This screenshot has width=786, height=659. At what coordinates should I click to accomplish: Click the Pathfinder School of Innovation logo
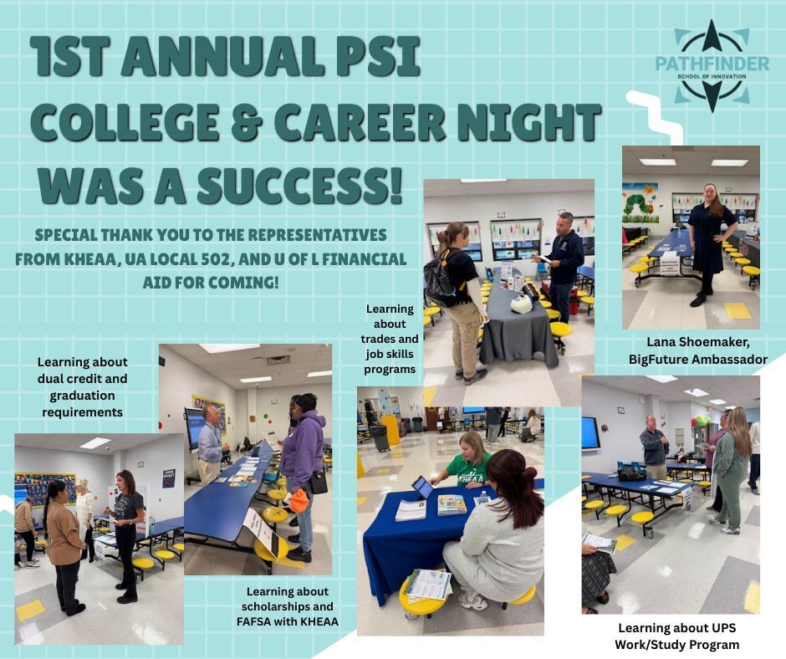(x=712, y=66)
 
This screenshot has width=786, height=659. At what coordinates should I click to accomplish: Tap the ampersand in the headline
(x=245, y=122)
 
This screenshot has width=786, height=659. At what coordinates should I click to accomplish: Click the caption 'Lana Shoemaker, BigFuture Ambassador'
(x=697, y=351)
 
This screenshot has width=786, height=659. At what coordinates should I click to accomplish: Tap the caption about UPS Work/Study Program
(x=676, y=636)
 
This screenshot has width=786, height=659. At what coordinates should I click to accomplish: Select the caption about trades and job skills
(x=390, y=339)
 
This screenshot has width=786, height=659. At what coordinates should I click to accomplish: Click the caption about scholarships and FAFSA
(x=288, y=607)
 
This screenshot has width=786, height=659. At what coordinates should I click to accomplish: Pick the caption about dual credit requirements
(x=82, y=386)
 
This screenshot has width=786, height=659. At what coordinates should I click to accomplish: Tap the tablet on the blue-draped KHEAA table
(x=421, y=487)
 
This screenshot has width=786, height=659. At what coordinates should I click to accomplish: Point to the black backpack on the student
(x=439, y=278)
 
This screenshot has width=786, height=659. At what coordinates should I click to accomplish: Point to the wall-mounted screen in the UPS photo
(x=590, y=432)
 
